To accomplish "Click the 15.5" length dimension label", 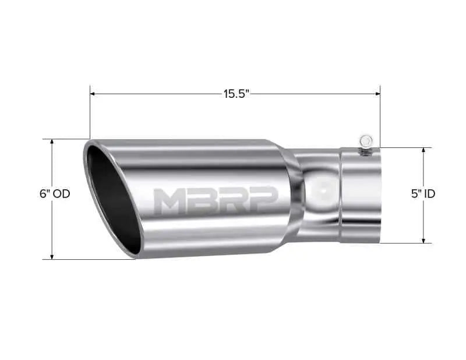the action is [235, 94].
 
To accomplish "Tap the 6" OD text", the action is [55, 194].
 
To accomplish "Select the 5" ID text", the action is [423, 194].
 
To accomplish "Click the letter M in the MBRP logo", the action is [171, 202].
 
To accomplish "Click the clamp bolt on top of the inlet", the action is [365, 142].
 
